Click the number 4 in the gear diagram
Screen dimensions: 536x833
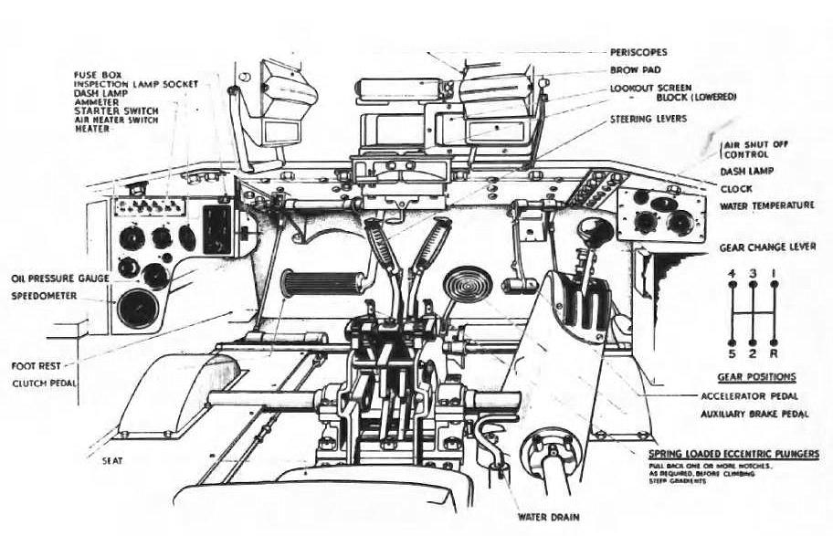730,273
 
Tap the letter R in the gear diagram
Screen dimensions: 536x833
775,352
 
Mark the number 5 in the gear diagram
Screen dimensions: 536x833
730,352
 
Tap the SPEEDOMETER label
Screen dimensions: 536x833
44,296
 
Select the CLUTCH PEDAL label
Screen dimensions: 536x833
43,384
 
